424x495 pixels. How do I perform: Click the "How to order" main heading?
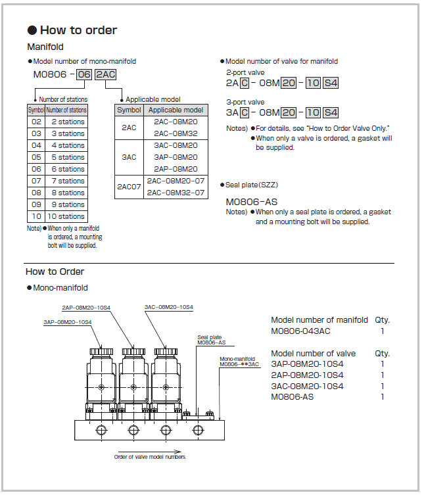(78, 30)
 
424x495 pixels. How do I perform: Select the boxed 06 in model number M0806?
(84, 74)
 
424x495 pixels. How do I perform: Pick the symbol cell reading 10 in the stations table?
(36, 216)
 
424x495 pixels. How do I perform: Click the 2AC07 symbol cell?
(129, 187)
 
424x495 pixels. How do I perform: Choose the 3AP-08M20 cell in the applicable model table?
(176, 157)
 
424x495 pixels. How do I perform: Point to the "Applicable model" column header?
(176, 110)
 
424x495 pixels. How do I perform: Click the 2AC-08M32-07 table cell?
(176, 193)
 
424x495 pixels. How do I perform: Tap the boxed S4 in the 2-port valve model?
(331, 83)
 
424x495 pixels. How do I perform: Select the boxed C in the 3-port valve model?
(245, 112)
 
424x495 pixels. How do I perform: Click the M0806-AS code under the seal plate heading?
(252, 202)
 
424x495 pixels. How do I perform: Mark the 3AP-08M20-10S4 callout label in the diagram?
(68, 322)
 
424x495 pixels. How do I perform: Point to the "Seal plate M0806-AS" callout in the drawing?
(211, 340)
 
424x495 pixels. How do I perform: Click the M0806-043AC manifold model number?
(300, 331)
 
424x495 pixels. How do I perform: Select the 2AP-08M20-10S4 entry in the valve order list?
(307, 375)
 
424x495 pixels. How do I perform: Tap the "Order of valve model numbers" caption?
(150, 457)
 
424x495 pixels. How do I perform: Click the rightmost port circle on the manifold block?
(198, 430)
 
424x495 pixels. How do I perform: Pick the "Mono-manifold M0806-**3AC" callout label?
(239, 362)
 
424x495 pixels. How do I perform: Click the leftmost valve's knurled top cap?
(101, 351)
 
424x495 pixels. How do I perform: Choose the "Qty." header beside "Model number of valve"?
(383, 354)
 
